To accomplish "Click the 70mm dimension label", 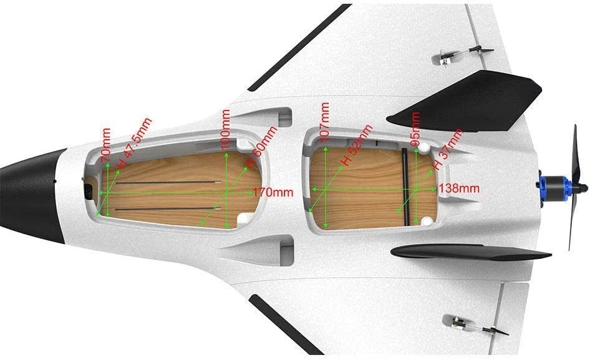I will click(x=107, y=142).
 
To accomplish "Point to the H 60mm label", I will click(x=262, y=145).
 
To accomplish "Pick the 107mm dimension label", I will click(x=324, y=122).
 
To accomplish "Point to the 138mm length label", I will click(x=459, y=187).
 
